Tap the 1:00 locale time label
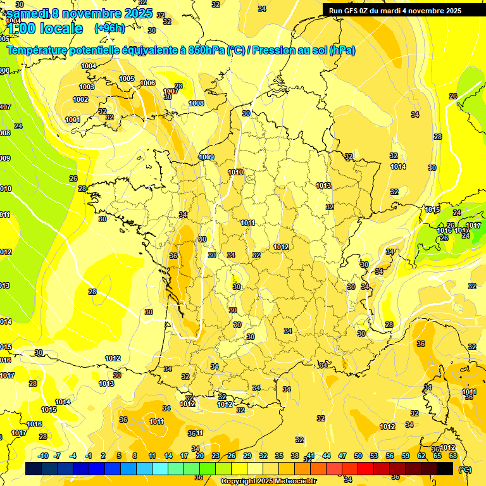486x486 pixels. (x=45, y=28)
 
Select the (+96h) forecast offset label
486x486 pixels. (x=109, y=28)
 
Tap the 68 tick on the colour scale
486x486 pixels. (x=453, y=456)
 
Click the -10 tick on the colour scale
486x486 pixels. (x=44, y=456)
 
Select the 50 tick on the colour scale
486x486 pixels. (x=358, y=456)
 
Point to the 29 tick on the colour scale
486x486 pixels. (x=247, y=456)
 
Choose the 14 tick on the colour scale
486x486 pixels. (x=168, y=456)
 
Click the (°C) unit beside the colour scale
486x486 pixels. (x=465, y=469)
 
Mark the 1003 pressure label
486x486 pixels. (x=87, y=87)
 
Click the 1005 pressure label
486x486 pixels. (x=127, y=78)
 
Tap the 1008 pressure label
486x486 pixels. (x=196, y=103)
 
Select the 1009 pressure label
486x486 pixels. (x=206, y=157)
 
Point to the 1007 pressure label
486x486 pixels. (x=170, y=92)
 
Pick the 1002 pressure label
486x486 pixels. (x=80, y=99)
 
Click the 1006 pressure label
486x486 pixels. (x=147, y=83)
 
